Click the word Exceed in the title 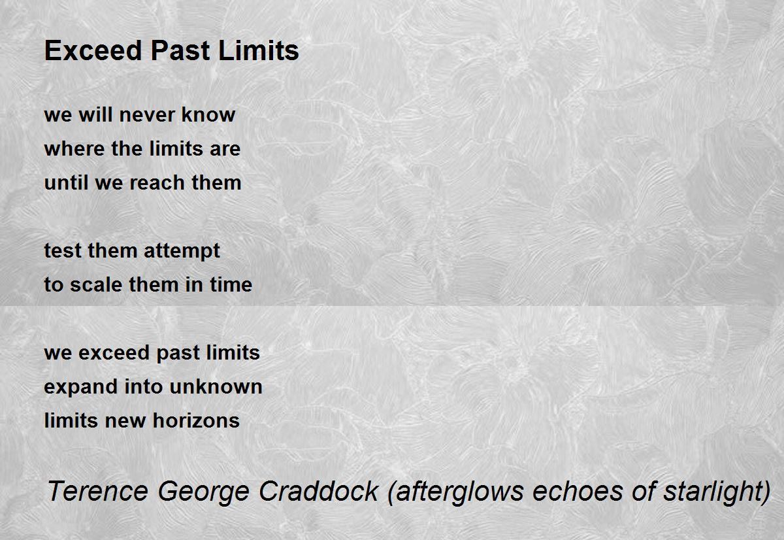pyautogui.click(x=93, y=50)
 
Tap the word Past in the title pyautogui.click(x=180, y=50)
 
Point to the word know pyautogui.click(x=208, y=114)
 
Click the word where pyautogui.click(x=74, y=148)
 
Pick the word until pyautogui.click(x=66, y=182)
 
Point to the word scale pyautogui.click(x=96, y=284)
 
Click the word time pyautogui.click(x=231, y=284)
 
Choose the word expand pyautogui.click(x=80, y=387)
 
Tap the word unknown pyautogui.click(x=216, y=386)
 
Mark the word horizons pyautogui.click(x=197, y=420)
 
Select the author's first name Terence pyautogui.click(x=97, y=491)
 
